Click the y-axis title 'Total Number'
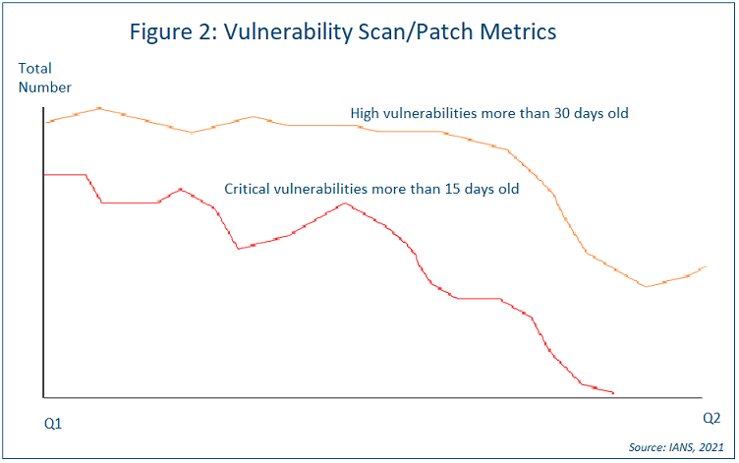pyautogui.click(x=44, y=78)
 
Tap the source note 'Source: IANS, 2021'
pyautogui.click(x=675, y=447)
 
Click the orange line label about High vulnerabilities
pyautogui.click(x=489, y=114)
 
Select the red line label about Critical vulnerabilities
pyautogui.click(x=371, y=188)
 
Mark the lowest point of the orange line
pyautogui.click(x=647, y=286)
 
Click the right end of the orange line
pyautogui.click(x=707, y=265)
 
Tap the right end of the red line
pyautogui.click(x=613, y=393)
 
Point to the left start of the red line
pyautogui.click(x=46, y=174)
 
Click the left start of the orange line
pyautogui.click(x=46, y=122)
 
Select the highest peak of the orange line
pyautogui.click(x=99, y=108)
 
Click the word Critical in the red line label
pyautogui.click(x=250, y=188)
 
